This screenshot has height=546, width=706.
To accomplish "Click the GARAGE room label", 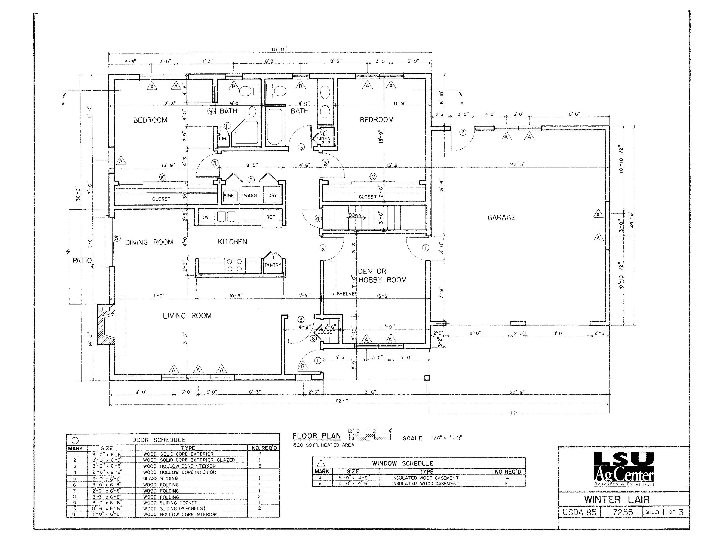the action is coord(501,218).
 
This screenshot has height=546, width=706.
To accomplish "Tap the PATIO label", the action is coord(82,260).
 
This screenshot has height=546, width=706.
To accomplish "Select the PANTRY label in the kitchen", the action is coord(273,265).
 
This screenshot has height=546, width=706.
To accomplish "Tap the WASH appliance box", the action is coord(251,195).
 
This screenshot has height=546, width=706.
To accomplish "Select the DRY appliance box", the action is coord(272,195).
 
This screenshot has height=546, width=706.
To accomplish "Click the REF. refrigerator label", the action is coord(271,217).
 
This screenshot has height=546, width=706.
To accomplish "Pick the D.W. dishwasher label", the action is coord(205,217).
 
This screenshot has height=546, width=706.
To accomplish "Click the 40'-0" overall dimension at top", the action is coord(278,49).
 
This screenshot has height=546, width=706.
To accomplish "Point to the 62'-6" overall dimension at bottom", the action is coord(343,401).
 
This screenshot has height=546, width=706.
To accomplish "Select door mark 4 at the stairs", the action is coord(318,218).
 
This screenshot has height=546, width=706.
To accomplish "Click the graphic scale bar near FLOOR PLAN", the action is coord(370,437).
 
